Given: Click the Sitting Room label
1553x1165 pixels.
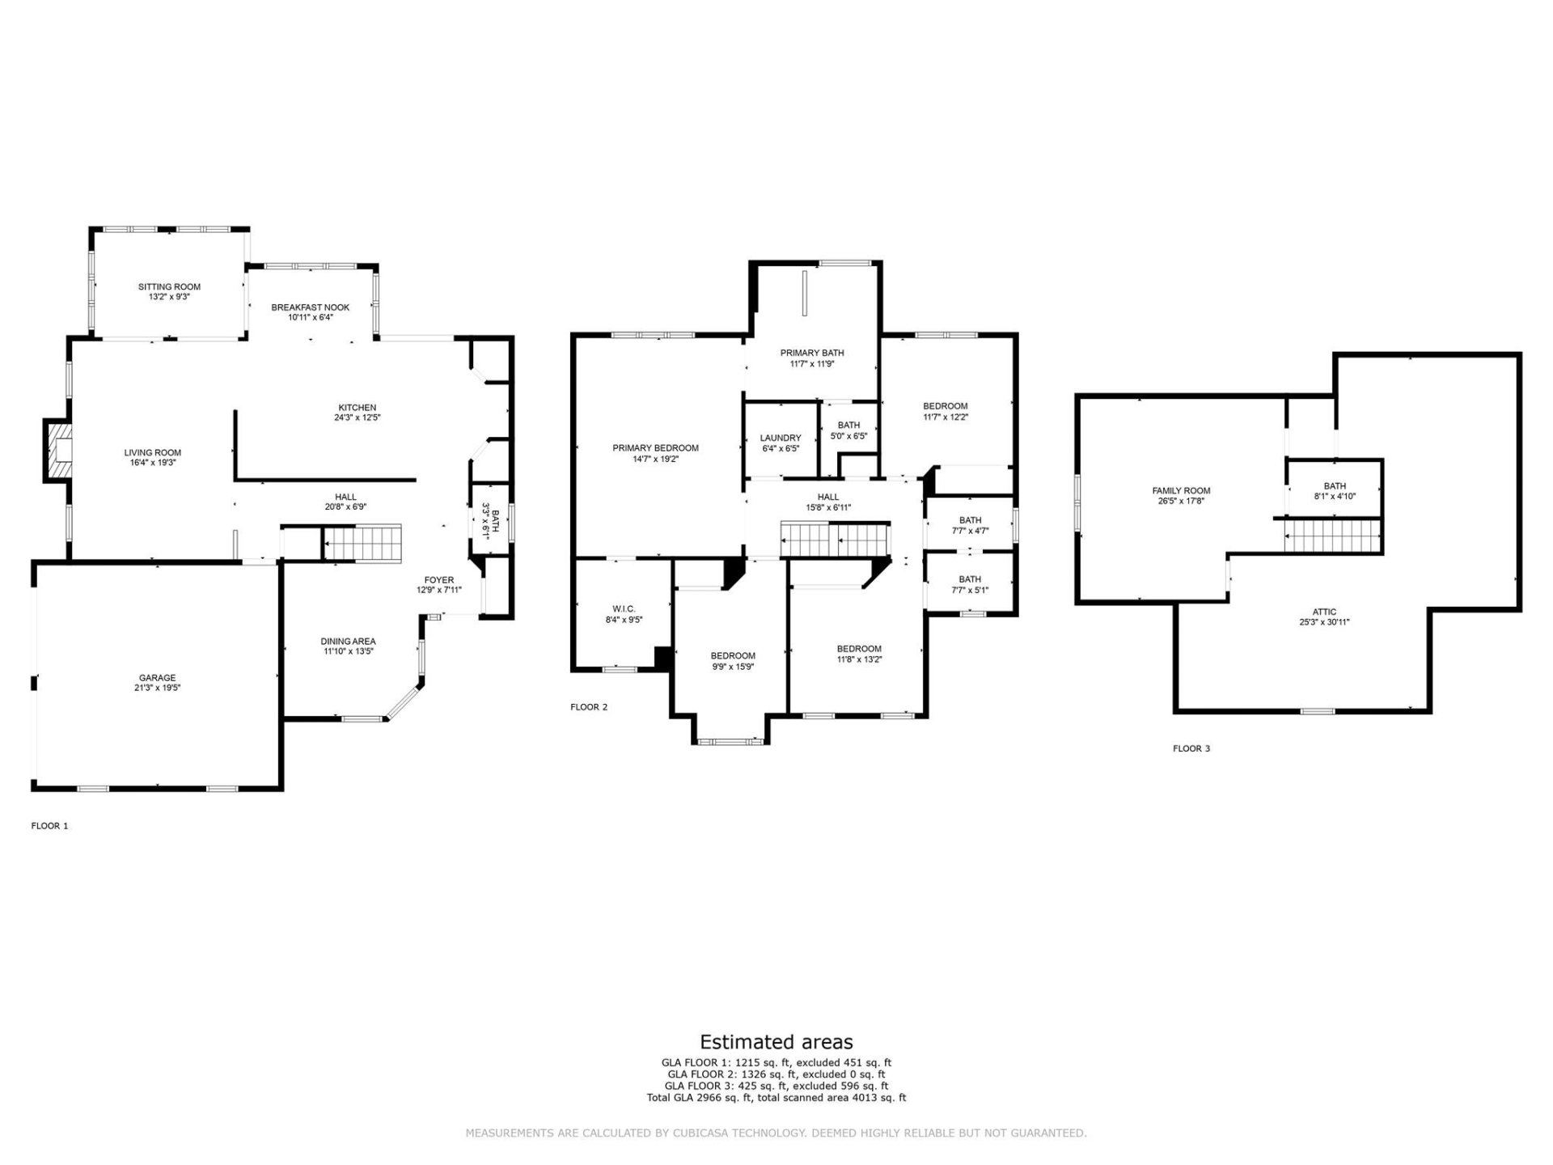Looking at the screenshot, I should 169,286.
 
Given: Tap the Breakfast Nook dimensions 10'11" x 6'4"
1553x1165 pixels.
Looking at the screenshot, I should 310,318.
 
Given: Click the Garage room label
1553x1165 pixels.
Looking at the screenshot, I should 157,678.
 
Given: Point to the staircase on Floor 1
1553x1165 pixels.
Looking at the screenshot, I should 362,542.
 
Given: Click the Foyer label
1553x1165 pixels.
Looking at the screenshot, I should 439,580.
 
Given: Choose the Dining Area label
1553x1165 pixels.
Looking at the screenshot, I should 348,642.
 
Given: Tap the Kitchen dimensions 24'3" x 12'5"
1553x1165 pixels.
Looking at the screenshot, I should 357,418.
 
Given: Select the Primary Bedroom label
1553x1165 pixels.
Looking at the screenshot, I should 655,448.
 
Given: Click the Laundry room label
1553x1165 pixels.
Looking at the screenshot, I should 781,438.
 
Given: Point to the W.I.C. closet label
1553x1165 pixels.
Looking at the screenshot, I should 624,609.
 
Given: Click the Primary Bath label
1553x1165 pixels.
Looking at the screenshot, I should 812,353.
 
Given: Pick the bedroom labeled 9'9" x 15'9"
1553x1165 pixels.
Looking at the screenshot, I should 733,667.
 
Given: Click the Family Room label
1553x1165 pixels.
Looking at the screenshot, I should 1181,490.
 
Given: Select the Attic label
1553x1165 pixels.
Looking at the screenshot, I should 1324,612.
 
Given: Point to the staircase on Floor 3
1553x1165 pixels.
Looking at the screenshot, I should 1333,536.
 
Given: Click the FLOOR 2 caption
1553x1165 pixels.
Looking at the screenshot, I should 589,707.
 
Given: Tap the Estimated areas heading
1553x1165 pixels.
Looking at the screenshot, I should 776,1042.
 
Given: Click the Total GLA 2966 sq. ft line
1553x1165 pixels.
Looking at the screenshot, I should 776,1098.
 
